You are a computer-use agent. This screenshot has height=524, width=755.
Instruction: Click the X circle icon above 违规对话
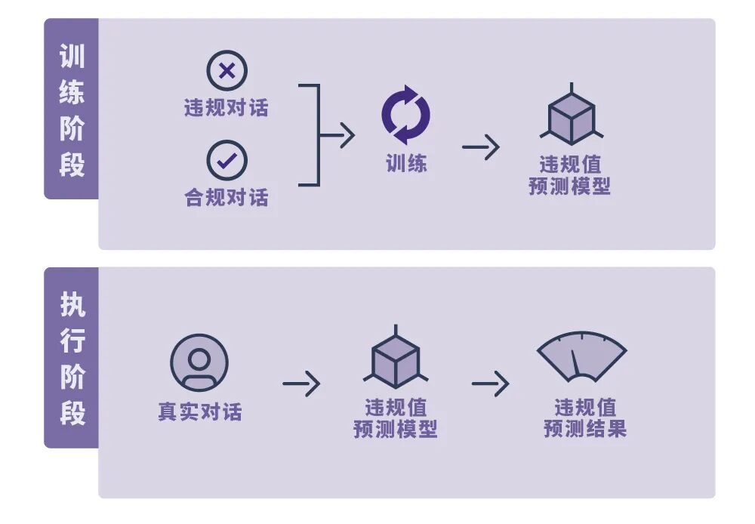point(226,71)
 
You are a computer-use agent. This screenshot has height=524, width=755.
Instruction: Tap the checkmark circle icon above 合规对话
point(226,160)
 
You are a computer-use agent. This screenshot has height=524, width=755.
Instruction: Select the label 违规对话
point(226,108)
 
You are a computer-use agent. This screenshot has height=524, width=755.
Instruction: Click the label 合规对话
point(226,198)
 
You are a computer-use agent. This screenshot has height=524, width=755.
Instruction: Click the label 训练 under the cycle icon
point(406,163)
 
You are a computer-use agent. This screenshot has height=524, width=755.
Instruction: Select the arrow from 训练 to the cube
point(481,147)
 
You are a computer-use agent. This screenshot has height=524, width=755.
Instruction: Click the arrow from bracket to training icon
point(338,136)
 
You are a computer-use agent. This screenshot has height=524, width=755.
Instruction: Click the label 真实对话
point(199,412)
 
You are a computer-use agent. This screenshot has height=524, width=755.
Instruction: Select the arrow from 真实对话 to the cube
point(301,384)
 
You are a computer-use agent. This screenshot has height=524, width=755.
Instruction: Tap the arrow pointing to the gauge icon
point(491,384)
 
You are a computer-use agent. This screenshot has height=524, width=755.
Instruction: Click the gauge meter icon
point(581,355)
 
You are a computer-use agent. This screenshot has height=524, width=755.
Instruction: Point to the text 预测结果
point(585,430)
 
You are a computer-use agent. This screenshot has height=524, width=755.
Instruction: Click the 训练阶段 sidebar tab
point(72,109)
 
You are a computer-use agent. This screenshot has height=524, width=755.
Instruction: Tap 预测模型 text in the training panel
point(570,186)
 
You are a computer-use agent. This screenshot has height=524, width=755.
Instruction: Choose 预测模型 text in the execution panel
point(396,430)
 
